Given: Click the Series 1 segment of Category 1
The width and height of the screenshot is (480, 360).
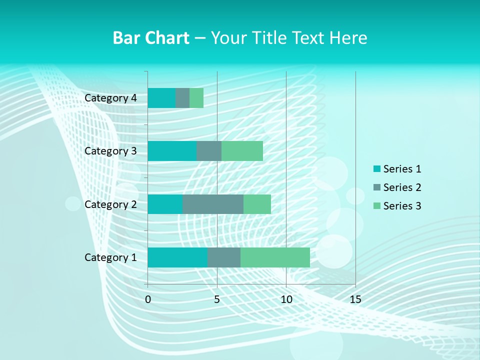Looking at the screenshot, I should (177, 257).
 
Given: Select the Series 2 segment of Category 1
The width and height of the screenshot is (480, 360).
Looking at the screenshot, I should (224, 257).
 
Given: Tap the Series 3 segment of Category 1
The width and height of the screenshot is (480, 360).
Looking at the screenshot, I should (275, 257).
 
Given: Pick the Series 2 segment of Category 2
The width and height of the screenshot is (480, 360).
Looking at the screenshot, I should (213, 204).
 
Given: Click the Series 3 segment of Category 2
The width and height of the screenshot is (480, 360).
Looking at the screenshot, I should (257, 204).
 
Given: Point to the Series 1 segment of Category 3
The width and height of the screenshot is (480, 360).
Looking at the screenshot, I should (172, 151).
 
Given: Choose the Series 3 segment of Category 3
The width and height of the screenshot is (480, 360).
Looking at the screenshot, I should (242, 151).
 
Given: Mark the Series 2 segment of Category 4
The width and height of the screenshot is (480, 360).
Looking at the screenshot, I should (182, 98).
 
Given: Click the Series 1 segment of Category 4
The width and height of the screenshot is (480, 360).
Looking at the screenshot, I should (161, 98).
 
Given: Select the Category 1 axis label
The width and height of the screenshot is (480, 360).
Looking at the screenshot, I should (110, 257).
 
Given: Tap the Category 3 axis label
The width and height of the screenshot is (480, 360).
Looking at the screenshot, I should (110, 151).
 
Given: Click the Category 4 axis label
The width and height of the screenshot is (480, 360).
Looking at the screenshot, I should (110, 98).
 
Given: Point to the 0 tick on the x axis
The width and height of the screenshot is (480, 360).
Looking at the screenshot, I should (148, 299).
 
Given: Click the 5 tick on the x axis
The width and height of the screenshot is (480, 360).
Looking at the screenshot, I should (217, 299).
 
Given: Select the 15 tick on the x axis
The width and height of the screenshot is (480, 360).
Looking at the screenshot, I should (355, 299).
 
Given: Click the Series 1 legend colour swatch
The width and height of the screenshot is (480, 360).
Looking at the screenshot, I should (377, 169).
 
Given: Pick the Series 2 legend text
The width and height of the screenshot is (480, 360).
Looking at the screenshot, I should (402, 187).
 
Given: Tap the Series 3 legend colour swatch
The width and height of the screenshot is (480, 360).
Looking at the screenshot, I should (377, 206).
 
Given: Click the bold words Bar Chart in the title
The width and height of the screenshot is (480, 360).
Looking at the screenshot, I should (151, 38).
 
